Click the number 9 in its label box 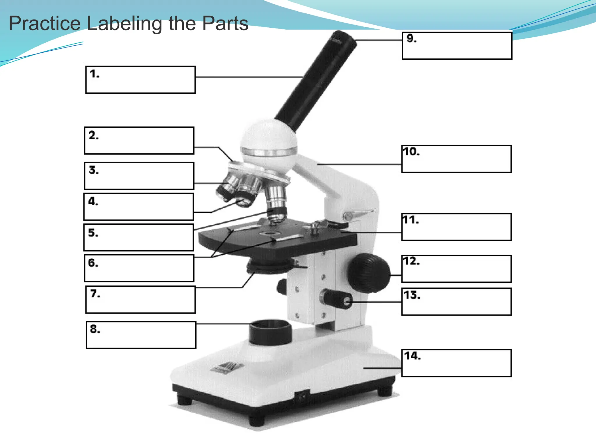(x=411, y=38)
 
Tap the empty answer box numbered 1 (x=141, y=80)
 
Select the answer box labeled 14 (x=456, y=363)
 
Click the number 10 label (x=411, y=152)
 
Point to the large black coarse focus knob (x=369, y=273)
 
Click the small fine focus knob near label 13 (x=338, y=299)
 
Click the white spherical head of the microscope (x=268, y=140)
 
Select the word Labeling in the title (x=124, y=24)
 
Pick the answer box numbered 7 (x=141, y=299)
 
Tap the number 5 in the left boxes (x=93, y=233)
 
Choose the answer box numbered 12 (x=456, y=269)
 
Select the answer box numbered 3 (x=139, y=176)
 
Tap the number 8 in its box (x=95, y=329)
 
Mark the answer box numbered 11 (x=456, y=227)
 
